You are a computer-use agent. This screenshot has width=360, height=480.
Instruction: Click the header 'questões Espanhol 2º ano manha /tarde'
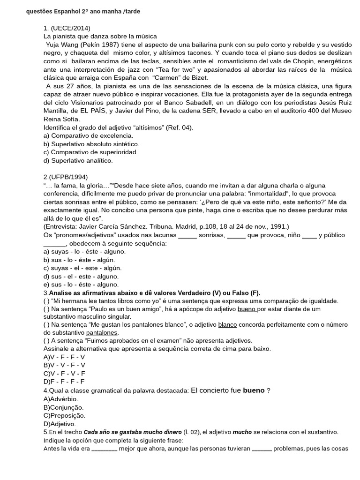(83, 11)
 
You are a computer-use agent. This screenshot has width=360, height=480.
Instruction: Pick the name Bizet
(197, 77)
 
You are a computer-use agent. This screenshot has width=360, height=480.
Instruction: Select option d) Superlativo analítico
(78, 160)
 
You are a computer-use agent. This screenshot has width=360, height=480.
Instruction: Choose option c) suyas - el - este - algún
(82, 268)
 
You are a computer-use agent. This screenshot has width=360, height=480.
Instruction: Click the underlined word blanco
(228, 325)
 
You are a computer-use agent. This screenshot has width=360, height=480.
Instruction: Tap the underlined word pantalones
(102, 333)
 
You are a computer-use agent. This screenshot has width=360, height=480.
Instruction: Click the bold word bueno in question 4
(254, 390)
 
